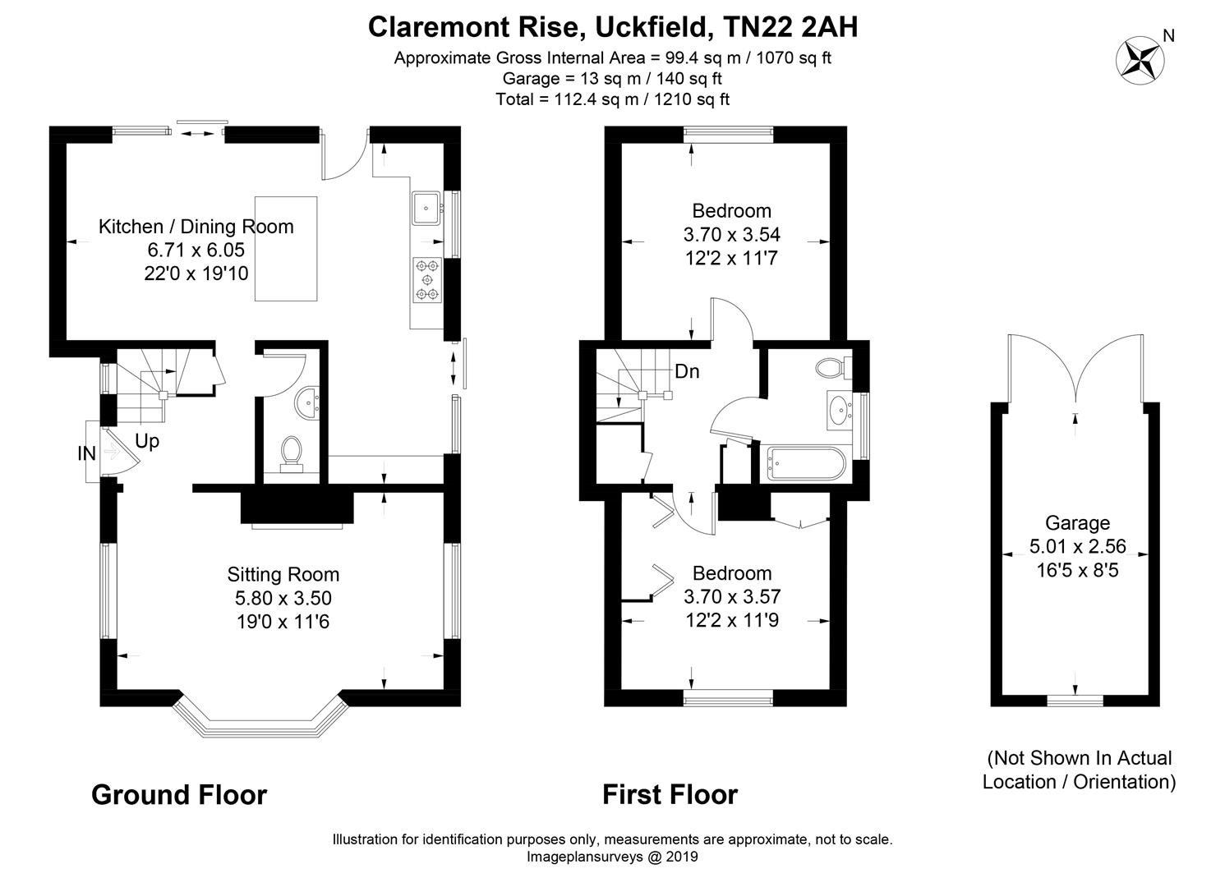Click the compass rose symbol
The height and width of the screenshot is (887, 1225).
(1140, 61)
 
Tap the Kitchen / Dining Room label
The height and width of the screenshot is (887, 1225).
(196, 226)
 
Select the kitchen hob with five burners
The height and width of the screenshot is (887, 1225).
(427, 280)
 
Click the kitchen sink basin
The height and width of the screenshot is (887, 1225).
(426, 208)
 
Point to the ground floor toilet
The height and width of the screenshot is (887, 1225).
(291, 453)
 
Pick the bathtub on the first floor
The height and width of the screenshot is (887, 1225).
(807, 463)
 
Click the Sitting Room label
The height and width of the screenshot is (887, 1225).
(283, 574)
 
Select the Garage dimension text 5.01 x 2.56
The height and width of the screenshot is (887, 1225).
(1077, 546)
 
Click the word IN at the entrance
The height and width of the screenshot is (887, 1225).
(87, 453)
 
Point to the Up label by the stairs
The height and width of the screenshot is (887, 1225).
(147, 440)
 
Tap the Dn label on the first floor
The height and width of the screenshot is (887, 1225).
(687, 371)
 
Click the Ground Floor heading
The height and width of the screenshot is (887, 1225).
(179, 795)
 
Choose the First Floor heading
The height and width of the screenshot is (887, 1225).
(670, 795)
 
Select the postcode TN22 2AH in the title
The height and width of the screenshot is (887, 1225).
(790, 27)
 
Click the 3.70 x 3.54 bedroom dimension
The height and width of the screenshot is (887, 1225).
(732, 234)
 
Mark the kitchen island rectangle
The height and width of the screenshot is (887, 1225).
(286, 249)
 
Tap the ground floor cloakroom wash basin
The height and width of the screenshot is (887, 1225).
(307, 402)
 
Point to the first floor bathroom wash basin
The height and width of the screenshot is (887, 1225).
(840, 410)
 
